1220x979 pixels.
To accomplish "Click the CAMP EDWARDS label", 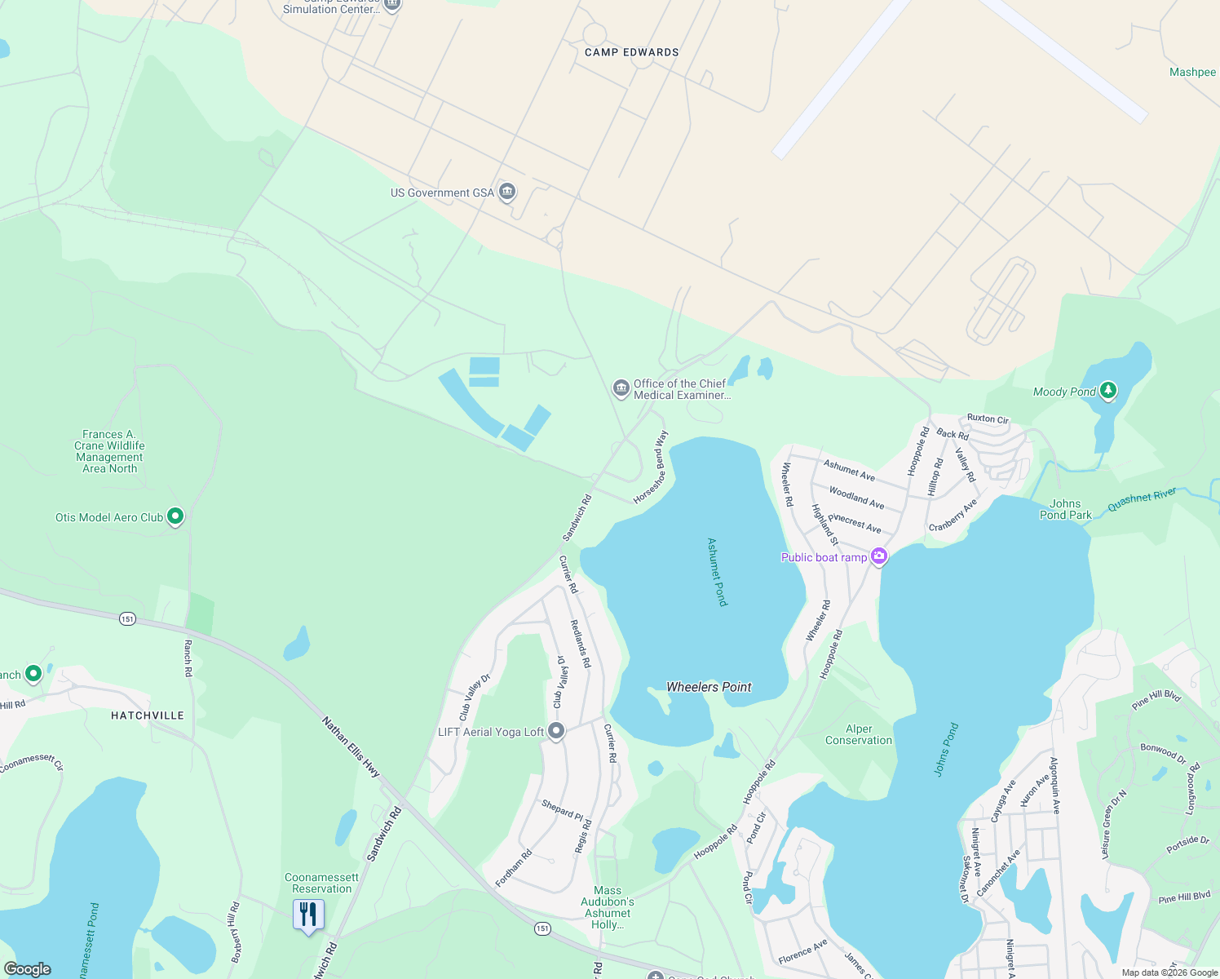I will [632, 52].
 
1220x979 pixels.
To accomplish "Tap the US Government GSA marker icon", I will [507, 193].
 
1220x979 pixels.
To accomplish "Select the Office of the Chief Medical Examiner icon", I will [621, 388].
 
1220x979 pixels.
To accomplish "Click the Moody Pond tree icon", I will [1107, 391].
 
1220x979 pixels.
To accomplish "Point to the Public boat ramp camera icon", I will [879, 557].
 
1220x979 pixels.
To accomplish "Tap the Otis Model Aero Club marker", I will [175, 516].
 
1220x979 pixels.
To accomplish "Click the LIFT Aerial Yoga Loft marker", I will [556, 731].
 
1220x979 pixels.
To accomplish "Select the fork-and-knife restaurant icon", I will [308, 915].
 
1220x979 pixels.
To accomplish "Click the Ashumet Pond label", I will [717, 571].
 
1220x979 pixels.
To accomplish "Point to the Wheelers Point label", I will [709, 687].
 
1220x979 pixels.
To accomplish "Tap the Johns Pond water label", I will [946, 749].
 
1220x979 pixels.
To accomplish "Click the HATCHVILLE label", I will [148, 715].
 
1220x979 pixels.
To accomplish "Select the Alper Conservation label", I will [859, 734].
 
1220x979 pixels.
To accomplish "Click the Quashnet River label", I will [1142, 499].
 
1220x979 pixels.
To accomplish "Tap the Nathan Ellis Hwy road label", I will [351, 746].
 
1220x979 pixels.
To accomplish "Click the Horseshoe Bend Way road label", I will [651, 467].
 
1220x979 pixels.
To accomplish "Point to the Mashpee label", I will [1192, 72].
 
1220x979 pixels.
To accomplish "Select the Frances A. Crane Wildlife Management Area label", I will [110, 451].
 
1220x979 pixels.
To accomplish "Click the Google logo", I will [27, 969].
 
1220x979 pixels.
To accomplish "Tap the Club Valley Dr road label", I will [475, 697].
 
